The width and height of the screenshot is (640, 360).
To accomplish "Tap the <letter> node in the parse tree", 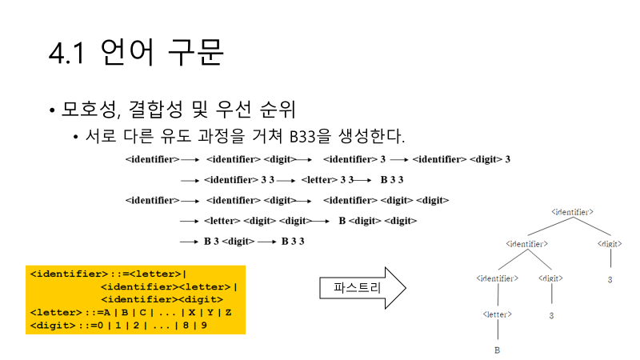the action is tap(498, 315).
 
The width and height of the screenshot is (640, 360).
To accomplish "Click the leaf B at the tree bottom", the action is tap(498, 350).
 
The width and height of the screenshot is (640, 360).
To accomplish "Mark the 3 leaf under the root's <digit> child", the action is tap(610, 279).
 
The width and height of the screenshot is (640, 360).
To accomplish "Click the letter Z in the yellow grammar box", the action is tap(229, 312).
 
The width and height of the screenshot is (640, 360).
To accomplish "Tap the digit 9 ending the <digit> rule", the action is tap(203, 326).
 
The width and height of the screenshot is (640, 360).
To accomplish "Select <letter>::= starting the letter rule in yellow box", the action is tap(62, 312).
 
